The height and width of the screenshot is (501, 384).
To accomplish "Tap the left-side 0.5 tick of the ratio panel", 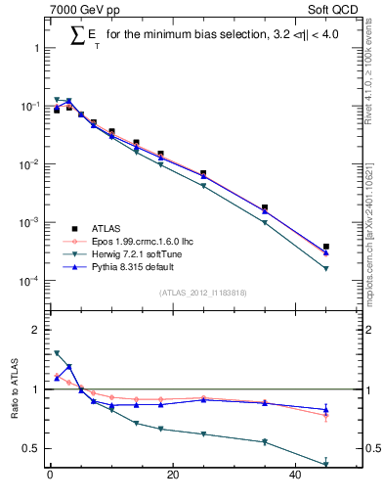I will (29, 448).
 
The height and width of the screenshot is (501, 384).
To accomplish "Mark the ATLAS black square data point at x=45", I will (326, 247).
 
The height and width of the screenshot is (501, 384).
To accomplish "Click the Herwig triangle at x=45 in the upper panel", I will (326, 268).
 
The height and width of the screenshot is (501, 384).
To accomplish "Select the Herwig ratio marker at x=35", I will (265, 442).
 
